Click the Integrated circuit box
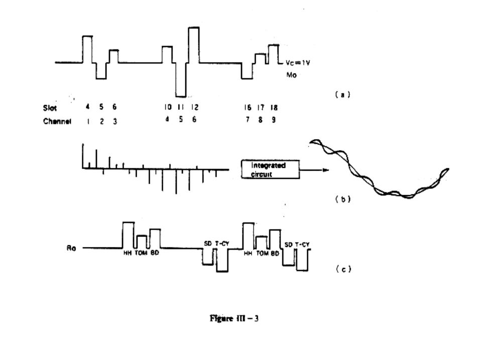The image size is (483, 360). (x=270, y=169)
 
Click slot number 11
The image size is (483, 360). (x=181, y=107)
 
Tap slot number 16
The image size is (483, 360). (x=247, y=107)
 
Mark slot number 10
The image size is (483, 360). (x=167, y=107)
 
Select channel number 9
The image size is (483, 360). (x=273, y=121)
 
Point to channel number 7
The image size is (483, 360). (x=247, y=121)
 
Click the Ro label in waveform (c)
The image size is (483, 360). (x=71, y=248)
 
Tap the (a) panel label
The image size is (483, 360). (x=342, y=93)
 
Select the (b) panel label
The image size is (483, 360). (x=342, y=199)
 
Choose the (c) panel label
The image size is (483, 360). (x=342, y=269)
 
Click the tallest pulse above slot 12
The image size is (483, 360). (x=194, y=44)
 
